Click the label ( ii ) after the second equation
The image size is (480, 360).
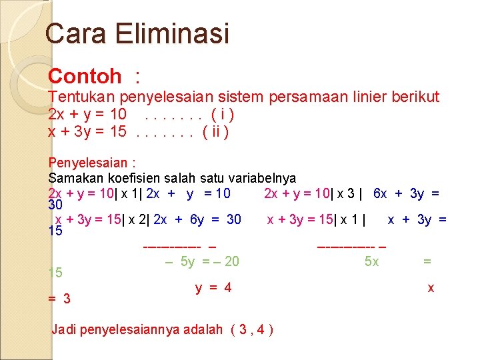point(216,132)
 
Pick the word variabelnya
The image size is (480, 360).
point(262,178)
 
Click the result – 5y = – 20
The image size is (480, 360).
point(202,261)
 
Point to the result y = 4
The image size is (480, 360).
point(213,288)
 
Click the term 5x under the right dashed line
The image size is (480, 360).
point(371,261)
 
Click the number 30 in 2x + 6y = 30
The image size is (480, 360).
point(233,219)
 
